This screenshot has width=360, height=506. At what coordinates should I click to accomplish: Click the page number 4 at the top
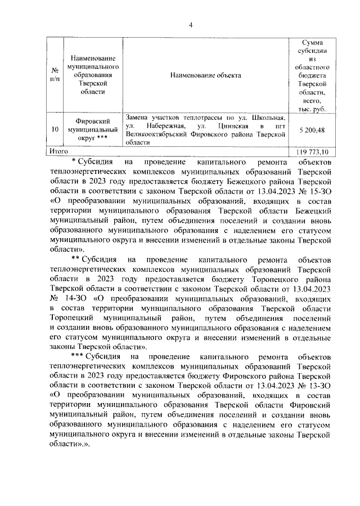point(191,25)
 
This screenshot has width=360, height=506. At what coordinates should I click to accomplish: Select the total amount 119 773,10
point(308,152)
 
